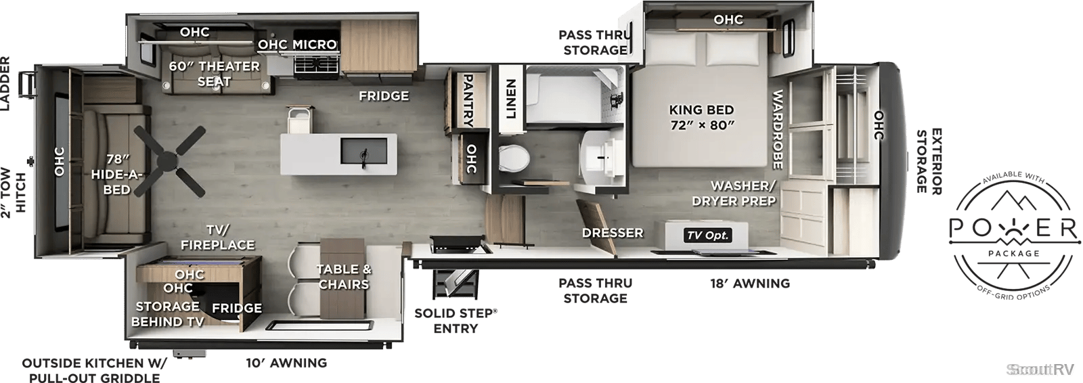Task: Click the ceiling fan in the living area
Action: coord(169,161)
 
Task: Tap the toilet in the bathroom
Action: coord(514,158)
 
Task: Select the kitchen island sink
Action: coord(364,151)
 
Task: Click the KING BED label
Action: coord(701,110)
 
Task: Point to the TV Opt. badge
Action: coord(707,235)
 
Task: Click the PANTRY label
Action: coord(468,100)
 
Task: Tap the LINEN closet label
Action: coord(511,99)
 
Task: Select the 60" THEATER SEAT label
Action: coord(214,74)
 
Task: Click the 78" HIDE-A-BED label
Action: coord(116,174)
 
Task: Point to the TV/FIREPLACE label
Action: coord(217,238)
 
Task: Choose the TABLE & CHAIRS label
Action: coord(344,277)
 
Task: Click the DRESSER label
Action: coord(613,233)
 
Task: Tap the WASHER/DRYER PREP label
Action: coord(734,193)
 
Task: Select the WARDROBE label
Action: coord(777,130)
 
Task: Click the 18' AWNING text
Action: coord(750,284)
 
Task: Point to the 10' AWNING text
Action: coord(286,363)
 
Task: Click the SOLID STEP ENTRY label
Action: coord(456,321)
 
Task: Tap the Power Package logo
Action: coord(1014,235)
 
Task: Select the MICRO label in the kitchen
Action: coord(314,45)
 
